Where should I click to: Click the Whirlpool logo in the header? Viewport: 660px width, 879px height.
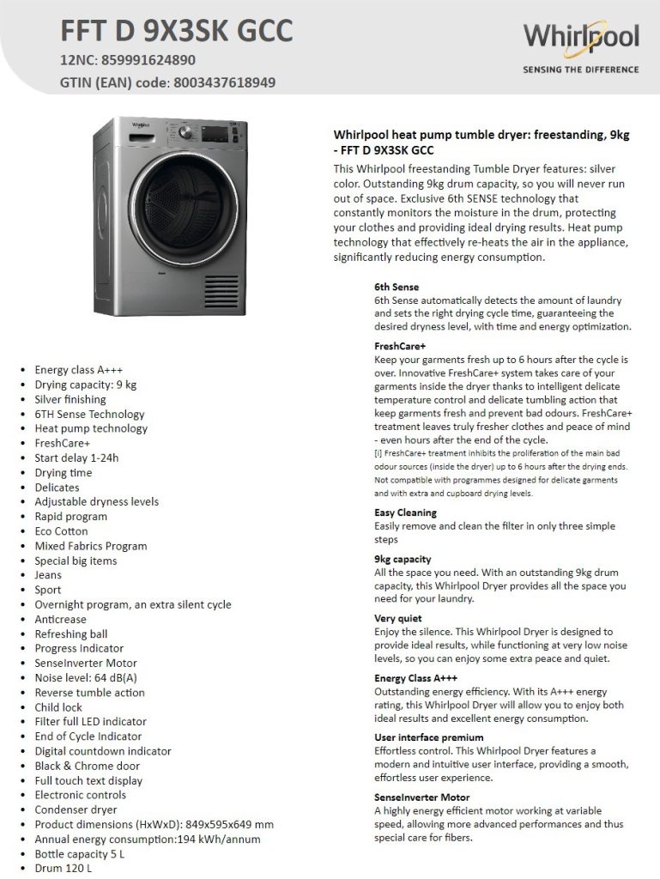click(581, 37)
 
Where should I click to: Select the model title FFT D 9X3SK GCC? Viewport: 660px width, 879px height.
click(176, 31)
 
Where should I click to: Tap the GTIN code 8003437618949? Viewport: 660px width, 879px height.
click(224, 83)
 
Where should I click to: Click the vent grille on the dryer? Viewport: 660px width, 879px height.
click(221, 293)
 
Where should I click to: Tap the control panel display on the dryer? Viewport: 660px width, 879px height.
click(216, 136)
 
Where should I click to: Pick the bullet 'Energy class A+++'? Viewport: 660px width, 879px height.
click(79, 370)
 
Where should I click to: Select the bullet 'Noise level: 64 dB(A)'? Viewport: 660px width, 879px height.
click(86, 677)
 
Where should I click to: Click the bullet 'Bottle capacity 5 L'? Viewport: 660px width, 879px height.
click(80, 853)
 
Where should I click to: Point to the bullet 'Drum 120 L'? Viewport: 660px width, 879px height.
click(63, 868)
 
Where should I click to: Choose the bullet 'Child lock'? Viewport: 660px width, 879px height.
click(59, 706)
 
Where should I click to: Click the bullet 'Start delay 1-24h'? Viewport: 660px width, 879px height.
click(76, 458)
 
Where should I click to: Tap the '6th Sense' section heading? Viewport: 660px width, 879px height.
click(397, 287)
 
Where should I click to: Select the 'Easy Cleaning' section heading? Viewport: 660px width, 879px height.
click(405, 512)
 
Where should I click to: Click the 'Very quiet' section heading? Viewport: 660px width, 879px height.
click(398, 618)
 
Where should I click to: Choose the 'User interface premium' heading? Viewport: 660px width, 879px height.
click(428, 737)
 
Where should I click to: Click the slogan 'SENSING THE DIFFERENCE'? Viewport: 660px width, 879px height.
click(580, 70)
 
